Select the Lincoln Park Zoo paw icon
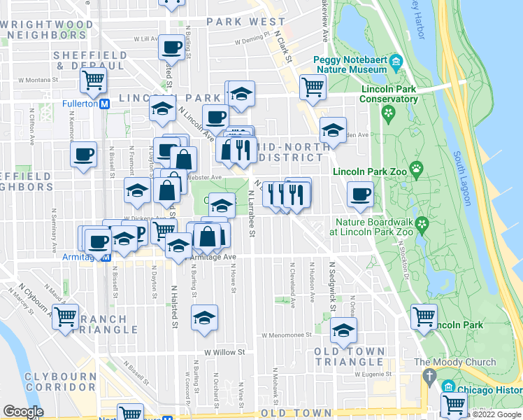click(416, 168)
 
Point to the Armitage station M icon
click(105, 257)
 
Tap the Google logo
click(23, 412)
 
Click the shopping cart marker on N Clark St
click(313, 87)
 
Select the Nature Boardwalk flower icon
click(421, 224)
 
